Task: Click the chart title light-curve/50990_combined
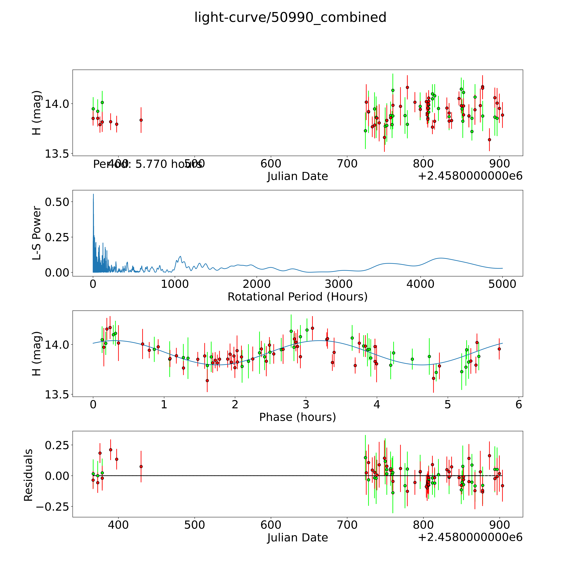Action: (x=290, y=17)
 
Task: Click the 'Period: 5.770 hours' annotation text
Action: (x=147, y=164)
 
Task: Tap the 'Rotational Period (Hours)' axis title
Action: (x=297, y=297)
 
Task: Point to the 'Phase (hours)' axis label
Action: (x=297, y=417)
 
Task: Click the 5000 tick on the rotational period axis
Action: (x=502, y=284)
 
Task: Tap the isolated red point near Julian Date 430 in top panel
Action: (x=141, y=120)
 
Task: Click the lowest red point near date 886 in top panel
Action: (x=489, y=140)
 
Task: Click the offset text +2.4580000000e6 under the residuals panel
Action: (x=470, y=537)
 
